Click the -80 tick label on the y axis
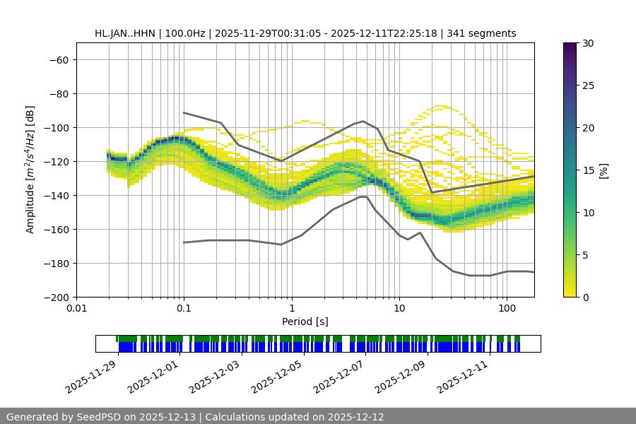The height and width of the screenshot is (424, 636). [57, 93]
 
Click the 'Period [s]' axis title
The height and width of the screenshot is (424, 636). [305, 322]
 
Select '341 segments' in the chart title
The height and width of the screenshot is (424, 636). [484, 33]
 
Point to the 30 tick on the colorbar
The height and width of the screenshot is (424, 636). [588, 43]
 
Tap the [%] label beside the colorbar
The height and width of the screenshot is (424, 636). [603, 170]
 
